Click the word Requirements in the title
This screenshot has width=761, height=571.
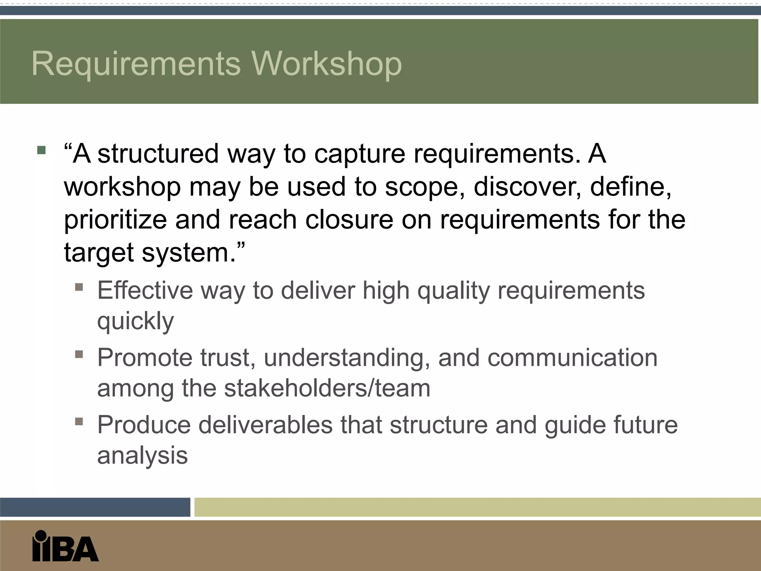pos(136,64)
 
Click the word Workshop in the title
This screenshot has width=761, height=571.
pos(327,64)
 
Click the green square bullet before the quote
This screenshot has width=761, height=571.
pos(41,150)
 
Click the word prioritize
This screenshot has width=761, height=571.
pos(115,220)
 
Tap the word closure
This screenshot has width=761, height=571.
pos(349,219)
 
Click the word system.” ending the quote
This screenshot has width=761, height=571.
pos(194,252)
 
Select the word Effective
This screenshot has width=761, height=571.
pos(145,290)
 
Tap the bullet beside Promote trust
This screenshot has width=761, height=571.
pos(79,354)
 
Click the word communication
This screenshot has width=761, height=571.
pos(572,358)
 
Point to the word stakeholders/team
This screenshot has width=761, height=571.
pos(327,388)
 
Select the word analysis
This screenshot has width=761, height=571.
pos(142,456)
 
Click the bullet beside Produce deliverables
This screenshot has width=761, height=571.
pos(79,421)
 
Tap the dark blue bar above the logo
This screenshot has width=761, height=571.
pos(95,507)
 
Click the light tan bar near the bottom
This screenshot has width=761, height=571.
pos(477,507)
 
